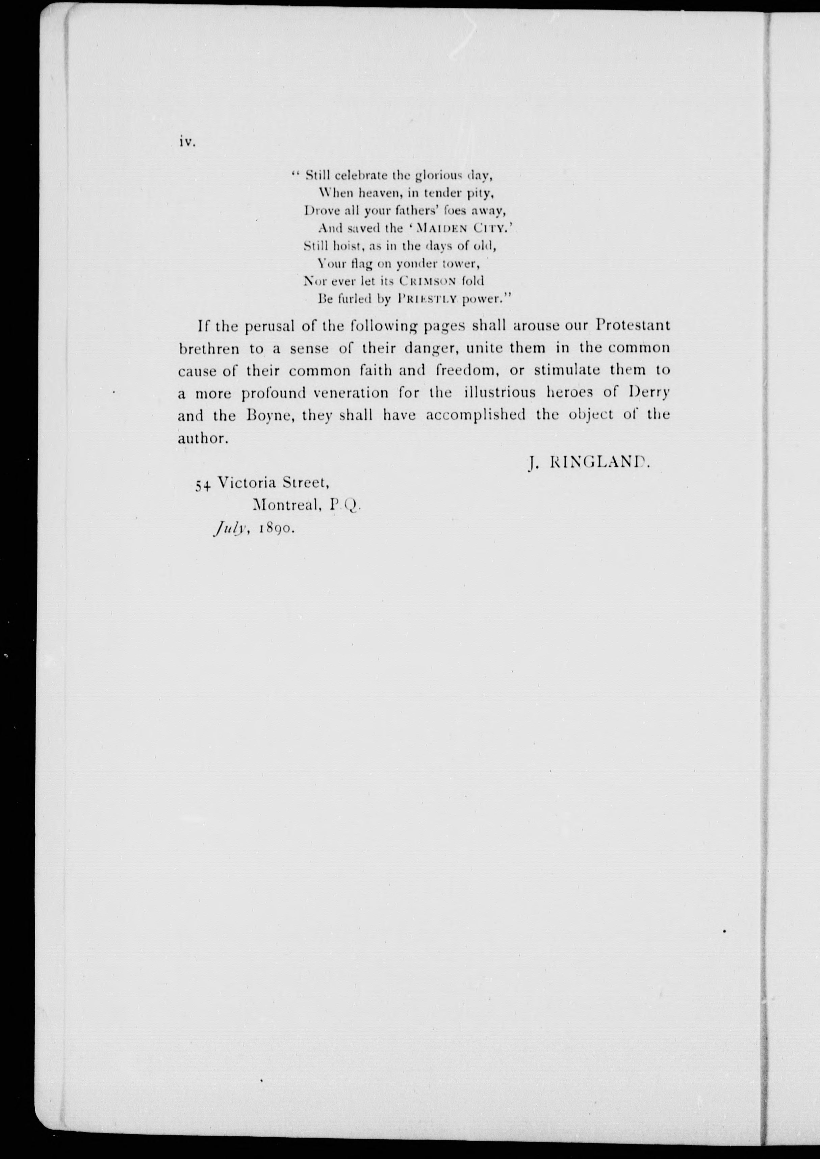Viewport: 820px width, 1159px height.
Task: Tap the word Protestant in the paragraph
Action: pos(633,325)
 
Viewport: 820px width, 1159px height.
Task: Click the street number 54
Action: pos(203,484)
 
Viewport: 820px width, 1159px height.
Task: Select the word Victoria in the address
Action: pos(247,483)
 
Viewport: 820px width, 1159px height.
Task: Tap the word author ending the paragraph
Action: pos(201,438)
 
